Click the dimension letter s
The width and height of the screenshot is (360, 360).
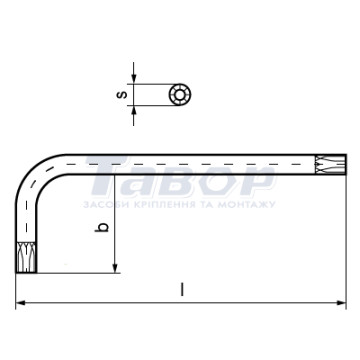point(123,95)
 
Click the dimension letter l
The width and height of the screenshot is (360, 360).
point(182,289)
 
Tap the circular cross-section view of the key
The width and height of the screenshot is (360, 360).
point(180,95)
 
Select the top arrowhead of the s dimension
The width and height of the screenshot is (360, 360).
point(134,78)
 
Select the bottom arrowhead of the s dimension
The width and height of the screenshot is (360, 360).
point(134,111)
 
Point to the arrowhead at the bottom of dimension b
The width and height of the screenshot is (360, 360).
point(115,268)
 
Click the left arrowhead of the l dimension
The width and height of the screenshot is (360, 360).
point(21,303)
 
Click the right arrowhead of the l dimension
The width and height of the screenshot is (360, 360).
point(341,303)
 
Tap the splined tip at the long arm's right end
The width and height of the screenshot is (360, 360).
point(331,164)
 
